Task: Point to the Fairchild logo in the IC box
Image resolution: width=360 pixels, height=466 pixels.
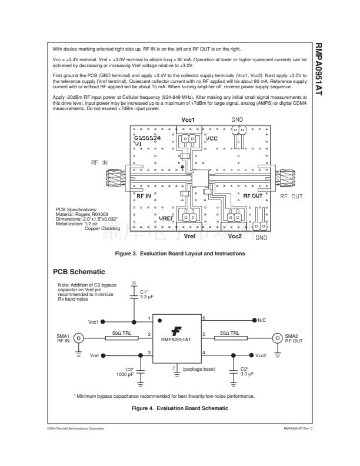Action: [x=175, y=332]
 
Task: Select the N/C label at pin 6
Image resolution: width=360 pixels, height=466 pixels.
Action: [x=263, y=320]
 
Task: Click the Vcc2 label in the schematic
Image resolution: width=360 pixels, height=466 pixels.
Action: [x=261, y=356]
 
